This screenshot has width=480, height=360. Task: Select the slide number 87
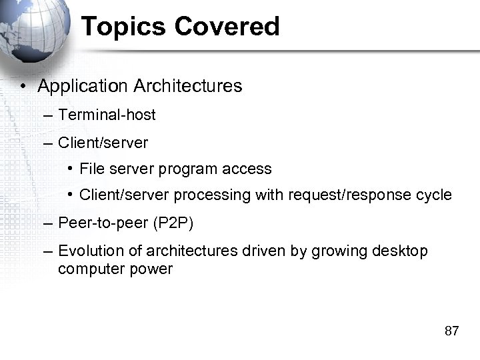(x=451, y=331)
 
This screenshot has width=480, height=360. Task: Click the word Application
(x=83, y=86)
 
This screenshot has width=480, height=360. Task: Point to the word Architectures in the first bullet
(x=188, y=86)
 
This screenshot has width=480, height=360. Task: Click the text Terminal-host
(x=107, y=115)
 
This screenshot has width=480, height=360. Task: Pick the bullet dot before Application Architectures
(x=23, y=87)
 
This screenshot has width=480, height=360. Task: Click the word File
(x=89, y=169)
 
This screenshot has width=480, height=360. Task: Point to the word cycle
(x=435, y=195)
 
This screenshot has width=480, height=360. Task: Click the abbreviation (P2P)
(x=173, y=223)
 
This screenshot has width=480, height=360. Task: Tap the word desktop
(x=402, y=251)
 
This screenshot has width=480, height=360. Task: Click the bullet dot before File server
(x=70, y=169)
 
